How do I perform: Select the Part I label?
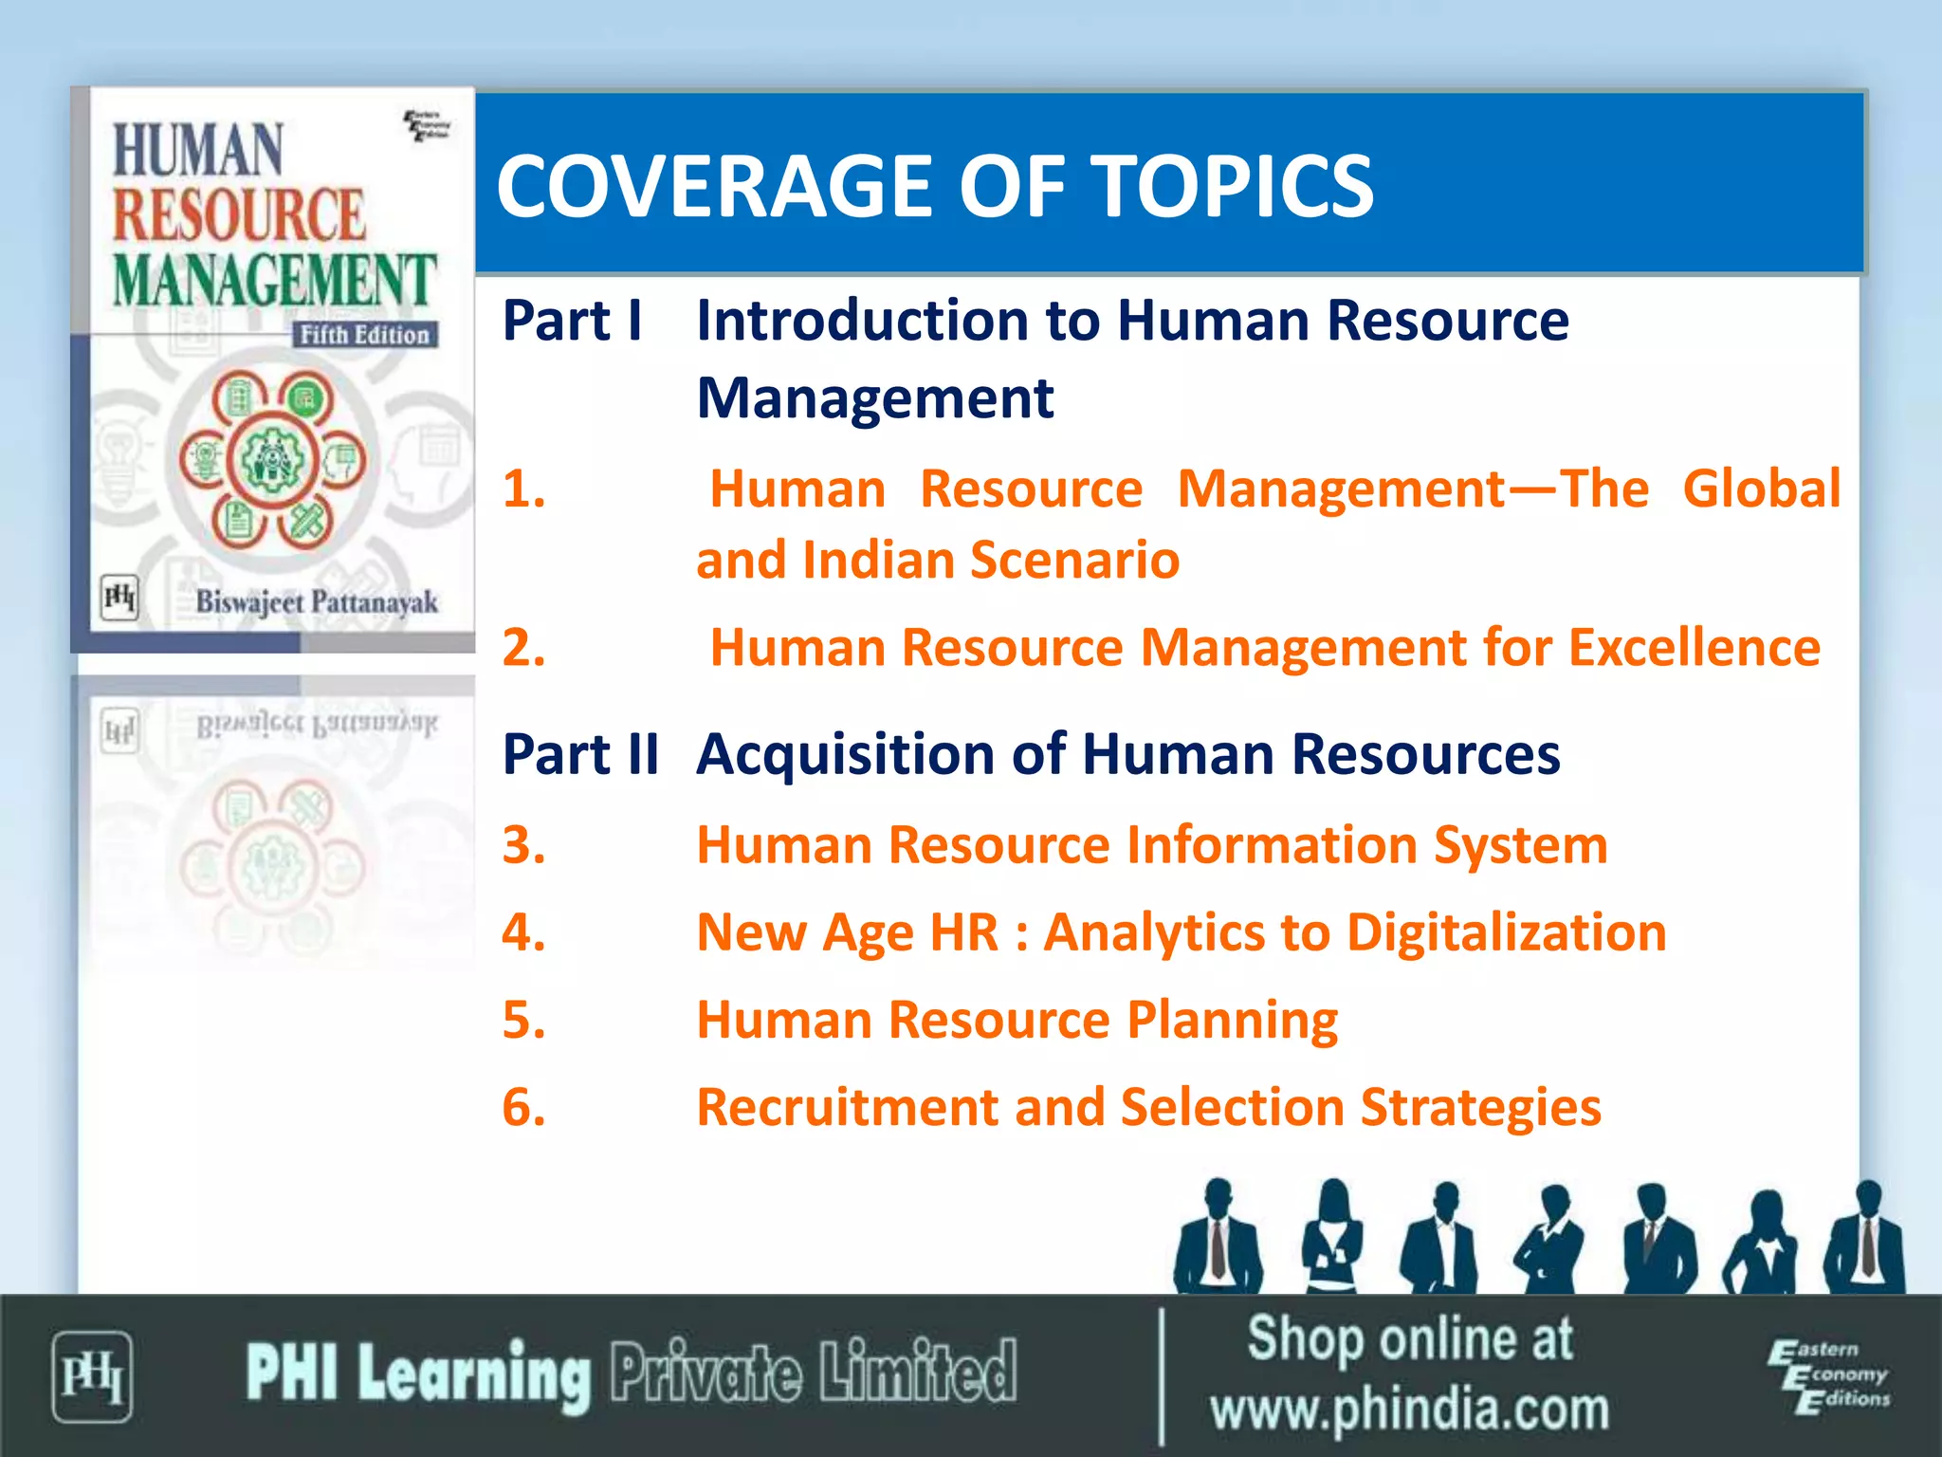573,321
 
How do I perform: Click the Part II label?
580,755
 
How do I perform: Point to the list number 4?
523,932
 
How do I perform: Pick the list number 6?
523,1107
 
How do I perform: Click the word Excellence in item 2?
1694,648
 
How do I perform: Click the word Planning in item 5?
1232,1021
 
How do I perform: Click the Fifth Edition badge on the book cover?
364,335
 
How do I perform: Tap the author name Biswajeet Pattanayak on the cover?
317,602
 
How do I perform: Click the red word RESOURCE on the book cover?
239,214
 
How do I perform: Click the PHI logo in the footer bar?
92,1376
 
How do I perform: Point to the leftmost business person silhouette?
1218,1238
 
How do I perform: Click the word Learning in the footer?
474,1374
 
